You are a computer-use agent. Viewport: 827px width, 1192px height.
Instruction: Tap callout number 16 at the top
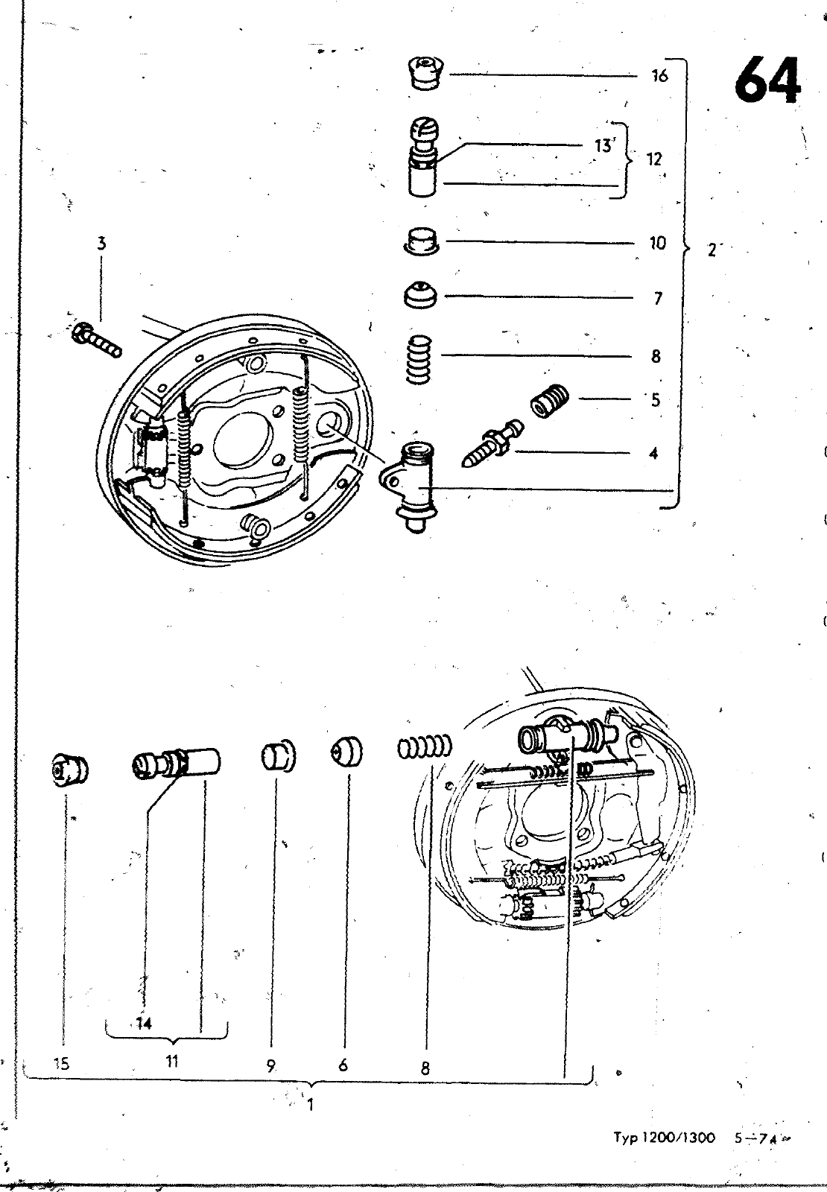click(x=659, y=75)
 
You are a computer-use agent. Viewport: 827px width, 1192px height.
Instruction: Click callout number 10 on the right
click(x=657, y=243)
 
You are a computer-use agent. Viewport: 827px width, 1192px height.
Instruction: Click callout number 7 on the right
click(x=657, y=299)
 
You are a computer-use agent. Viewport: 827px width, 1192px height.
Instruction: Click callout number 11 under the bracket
click(x=172, y=1062)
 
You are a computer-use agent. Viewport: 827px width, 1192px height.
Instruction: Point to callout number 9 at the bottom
click(x=271, y=1065)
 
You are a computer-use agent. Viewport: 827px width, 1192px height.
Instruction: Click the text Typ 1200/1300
click(x=664, y=1138)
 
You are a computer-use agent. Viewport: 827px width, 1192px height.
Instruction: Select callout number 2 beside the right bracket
click(x=712, y=250)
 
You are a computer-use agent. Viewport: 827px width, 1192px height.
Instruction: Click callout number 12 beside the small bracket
click(x=654, y=159)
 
